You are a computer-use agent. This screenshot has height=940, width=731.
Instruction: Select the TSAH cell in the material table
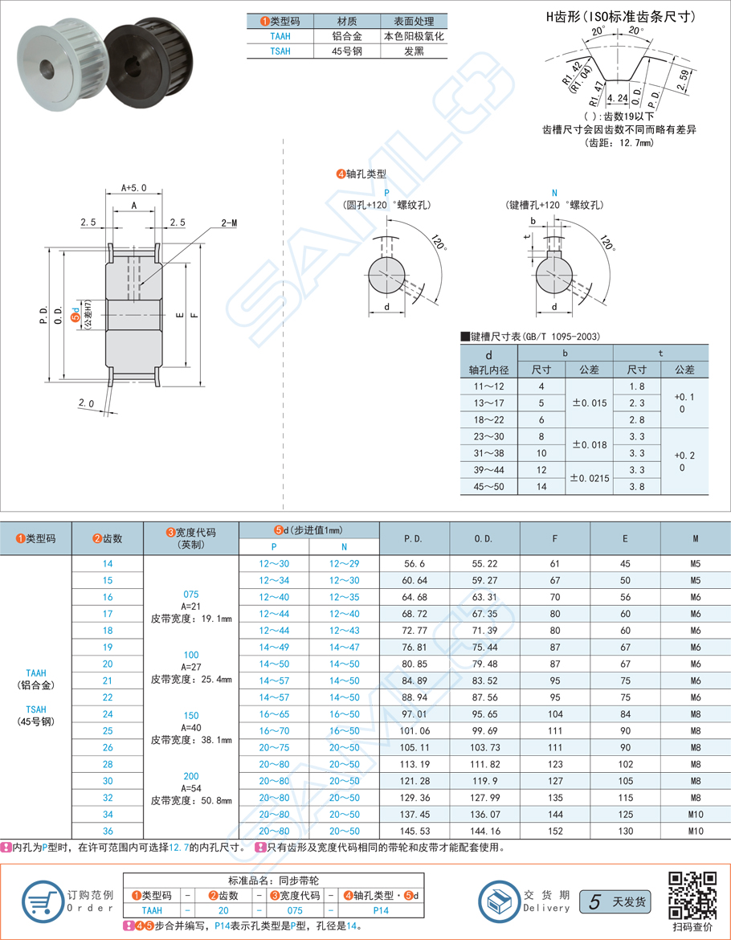click(x=280, y=51)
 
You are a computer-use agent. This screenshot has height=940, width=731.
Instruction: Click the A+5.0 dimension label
click(x=134, y=187)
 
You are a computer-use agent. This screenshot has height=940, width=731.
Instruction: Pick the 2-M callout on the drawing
click(x=228, y=223)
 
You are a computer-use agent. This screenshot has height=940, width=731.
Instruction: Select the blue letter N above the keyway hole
click(x=554, y=193)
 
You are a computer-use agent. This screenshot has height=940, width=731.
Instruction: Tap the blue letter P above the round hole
click(x=387, y=193)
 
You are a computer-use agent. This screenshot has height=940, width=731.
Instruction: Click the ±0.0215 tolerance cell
click(x=590, y=478)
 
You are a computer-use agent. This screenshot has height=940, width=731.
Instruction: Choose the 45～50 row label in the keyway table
click(x=490, y=486)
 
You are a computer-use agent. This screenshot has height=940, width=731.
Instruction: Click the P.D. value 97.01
click(x=414, y=713)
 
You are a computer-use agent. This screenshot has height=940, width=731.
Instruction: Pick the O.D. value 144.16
click(x=484, y=831)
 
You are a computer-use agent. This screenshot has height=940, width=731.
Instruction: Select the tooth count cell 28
click(x=108, y=764)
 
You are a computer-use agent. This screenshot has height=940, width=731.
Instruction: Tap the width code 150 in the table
click(x=191, y=714)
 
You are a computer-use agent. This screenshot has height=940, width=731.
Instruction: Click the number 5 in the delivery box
click(x=594, y=901)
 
